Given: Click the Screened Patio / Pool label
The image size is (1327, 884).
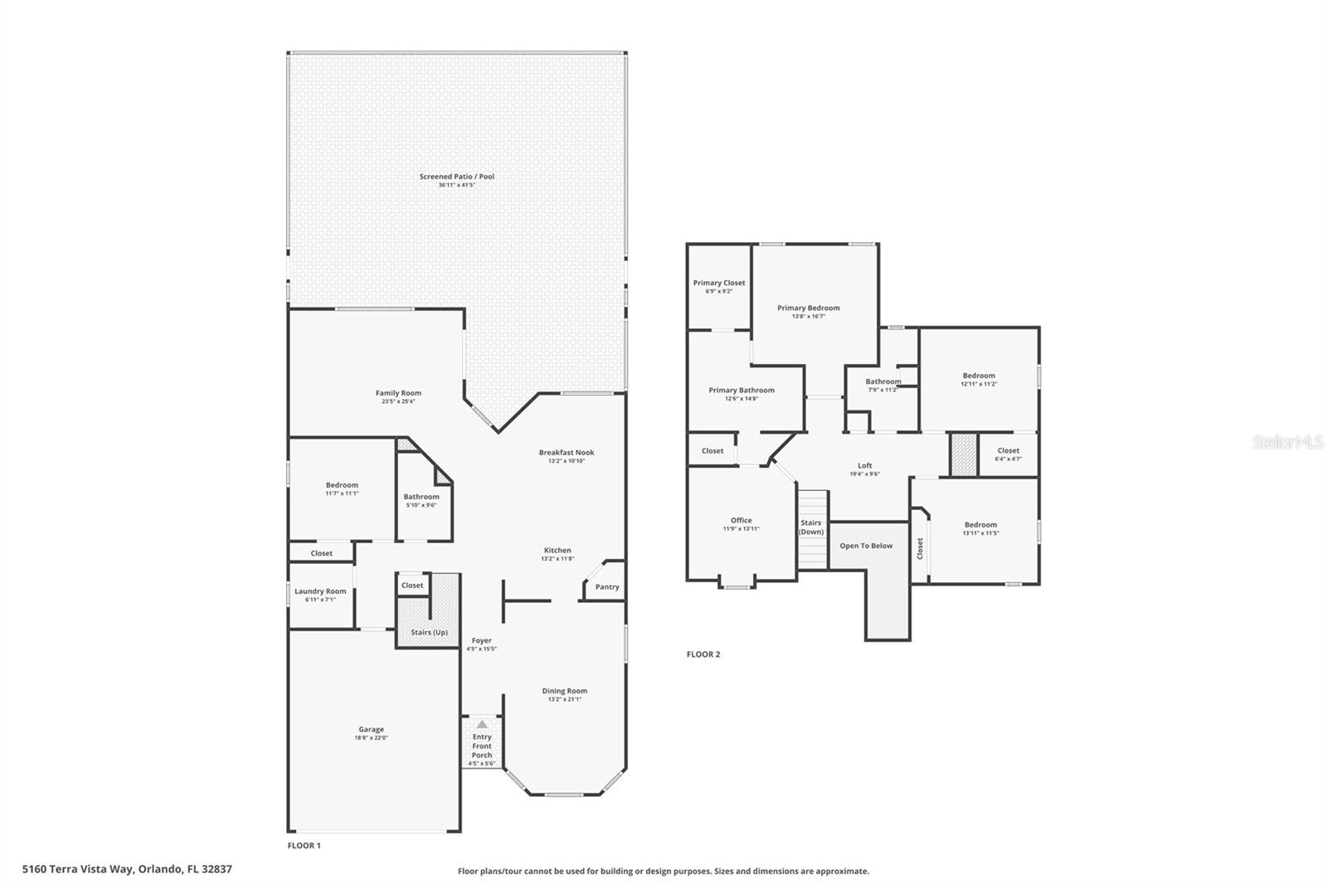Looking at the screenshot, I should (x=456, y=177).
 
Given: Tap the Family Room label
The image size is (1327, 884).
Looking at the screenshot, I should (x=398, y=393).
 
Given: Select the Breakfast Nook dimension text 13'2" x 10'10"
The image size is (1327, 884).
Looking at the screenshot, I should (x=566, y=461).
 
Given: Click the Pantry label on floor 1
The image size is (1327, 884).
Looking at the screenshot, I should (x=607, y=587).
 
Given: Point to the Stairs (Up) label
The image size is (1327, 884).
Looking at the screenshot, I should (x=429, y=633).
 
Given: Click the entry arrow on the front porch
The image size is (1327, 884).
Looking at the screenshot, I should (x=482, y=724).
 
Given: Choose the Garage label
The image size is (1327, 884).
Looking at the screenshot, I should (x=371, y=730).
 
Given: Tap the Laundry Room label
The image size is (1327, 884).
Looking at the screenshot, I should (x=320, y=591).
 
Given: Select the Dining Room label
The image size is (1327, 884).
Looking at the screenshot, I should (x=565, y=691).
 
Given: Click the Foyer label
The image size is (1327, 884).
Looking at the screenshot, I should (x=482, y=641).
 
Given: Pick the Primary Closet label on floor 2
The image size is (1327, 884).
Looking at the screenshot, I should (x=719, y=283).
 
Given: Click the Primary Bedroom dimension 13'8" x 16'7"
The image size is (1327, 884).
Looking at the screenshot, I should (x=809, y=316).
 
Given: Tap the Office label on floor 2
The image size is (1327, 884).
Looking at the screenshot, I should (x=741, y=521).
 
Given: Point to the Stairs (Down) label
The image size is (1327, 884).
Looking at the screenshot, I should (x=811, y=527).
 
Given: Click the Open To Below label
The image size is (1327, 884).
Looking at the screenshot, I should (x=866, y=546).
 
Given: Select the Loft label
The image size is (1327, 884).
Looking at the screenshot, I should (x=864, y=466).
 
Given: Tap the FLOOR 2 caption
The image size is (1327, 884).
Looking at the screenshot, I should (x=703, y=654).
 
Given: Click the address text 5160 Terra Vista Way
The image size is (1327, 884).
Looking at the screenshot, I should (x=79, y=869).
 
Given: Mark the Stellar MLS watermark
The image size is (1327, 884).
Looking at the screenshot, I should (x=1287, y=442).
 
